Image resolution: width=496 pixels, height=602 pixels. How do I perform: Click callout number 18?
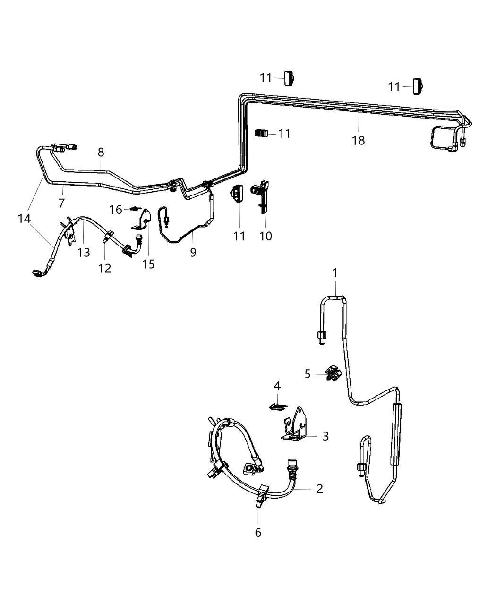click(359, 140)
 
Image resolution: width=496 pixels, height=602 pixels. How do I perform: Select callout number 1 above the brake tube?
click(335, 272)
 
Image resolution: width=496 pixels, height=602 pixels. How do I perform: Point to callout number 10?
click(265, 235)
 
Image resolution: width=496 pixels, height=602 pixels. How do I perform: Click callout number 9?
click(193, 252)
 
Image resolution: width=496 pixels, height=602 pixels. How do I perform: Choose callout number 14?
click(24, 218)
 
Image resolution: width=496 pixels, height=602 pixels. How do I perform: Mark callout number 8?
click(101, 152)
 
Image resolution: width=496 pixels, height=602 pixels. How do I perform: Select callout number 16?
click(116, 209)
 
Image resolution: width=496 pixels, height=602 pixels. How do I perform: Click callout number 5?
click(308, 374)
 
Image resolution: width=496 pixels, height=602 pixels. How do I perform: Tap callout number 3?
click(325, 436)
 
